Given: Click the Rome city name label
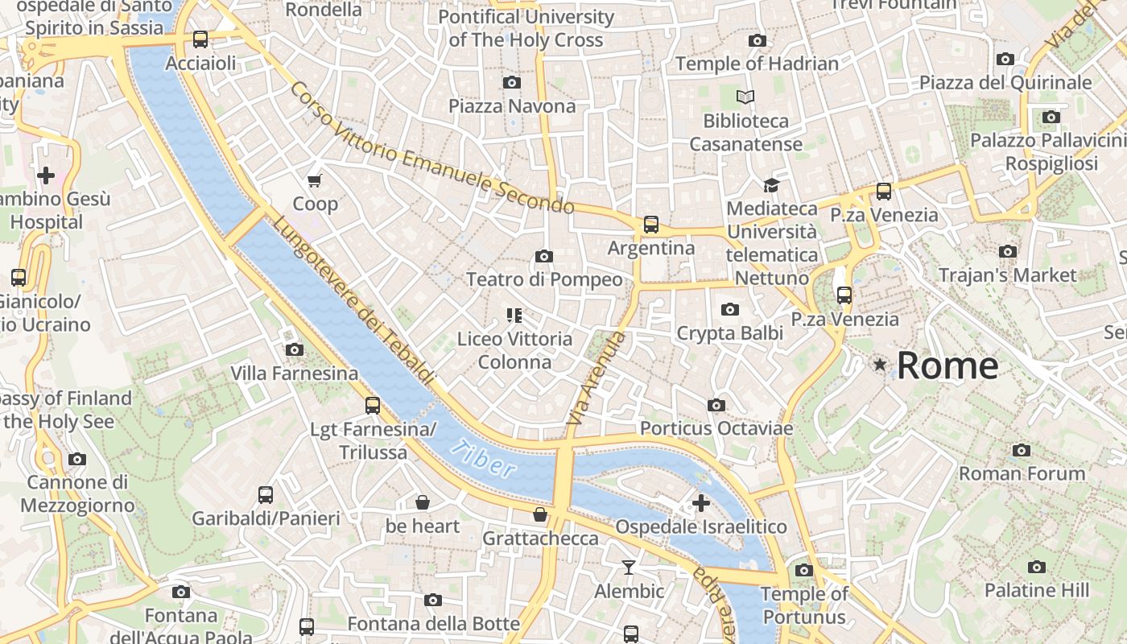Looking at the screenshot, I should point(947,365).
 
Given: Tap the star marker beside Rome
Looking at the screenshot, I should point(880,365).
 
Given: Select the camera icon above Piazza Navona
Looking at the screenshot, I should point(511,82).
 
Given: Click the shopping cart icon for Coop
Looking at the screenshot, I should point(315,180).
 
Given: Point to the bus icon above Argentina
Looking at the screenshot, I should point(650,225).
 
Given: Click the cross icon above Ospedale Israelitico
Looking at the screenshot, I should point(701,503).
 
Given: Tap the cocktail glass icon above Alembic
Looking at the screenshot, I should point(629,568).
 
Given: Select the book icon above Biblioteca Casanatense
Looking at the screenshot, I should point(745,97).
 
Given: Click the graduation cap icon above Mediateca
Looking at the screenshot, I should point(771,185).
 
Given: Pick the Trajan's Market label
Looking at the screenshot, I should point(1007,275).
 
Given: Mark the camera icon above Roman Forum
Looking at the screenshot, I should point(1022,450).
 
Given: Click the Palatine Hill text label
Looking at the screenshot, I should point(1037,590).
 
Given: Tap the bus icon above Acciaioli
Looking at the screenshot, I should point(200,39).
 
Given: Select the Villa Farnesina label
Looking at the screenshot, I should point(295,374).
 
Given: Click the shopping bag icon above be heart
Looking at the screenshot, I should point(423,503).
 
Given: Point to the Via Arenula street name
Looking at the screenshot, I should point(596,378).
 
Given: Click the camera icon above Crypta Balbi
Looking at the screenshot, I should point(730,309).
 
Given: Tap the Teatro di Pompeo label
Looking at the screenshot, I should point(544,279).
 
